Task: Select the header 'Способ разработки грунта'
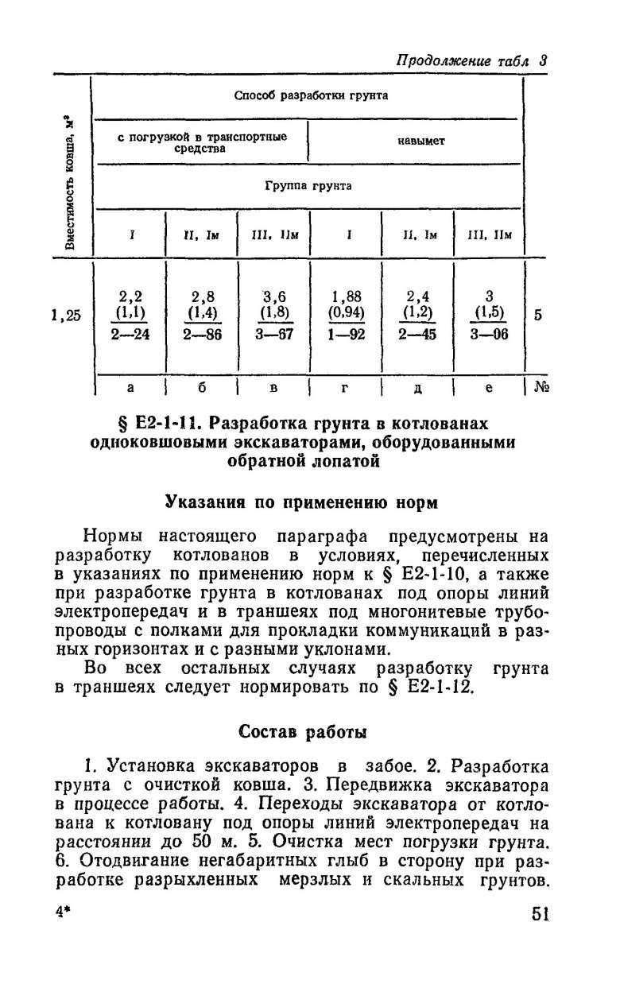311,96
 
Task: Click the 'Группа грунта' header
308,186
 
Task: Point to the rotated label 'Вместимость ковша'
70,183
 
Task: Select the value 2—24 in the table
131,335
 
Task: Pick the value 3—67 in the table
274,335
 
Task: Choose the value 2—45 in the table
417,335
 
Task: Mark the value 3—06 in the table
488,335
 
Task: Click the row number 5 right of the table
538,315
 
